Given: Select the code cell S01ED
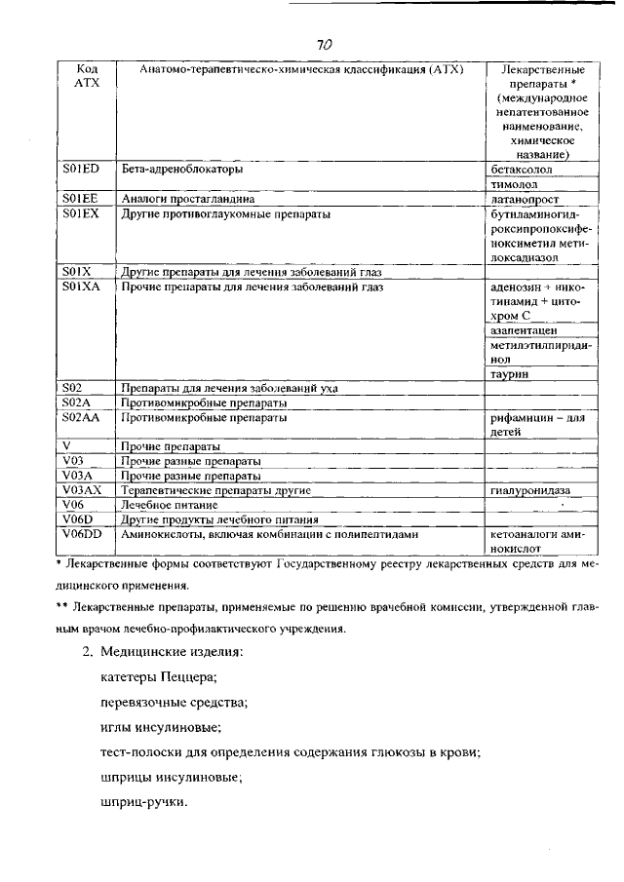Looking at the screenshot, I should pyautogui.click(x=81, y=169).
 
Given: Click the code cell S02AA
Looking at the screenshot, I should pyautogui.click(x=81, y=417).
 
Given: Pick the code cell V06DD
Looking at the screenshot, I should pyautogui.click(x=82, y=534).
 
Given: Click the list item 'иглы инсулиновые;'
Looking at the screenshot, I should pyautogui.click(x=161, y=727).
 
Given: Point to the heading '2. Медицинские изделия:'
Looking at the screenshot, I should pyautogui.click(x=162, y=651).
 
